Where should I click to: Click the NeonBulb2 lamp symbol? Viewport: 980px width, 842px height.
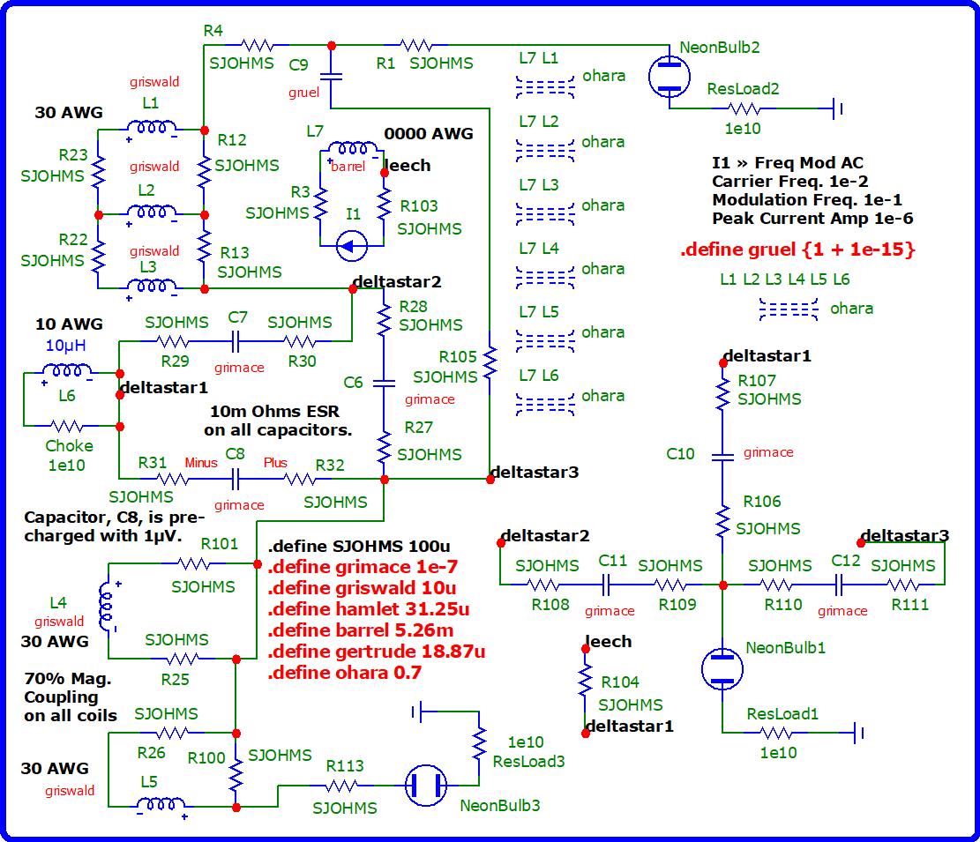coord(670,77)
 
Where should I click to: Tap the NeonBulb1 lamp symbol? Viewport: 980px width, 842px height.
coord(722,668)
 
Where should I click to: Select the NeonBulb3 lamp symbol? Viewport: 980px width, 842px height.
coord(427,786)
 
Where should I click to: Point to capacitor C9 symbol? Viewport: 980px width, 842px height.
coord(332,77)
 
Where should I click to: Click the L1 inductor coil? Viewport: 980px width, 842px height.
coord(151,129)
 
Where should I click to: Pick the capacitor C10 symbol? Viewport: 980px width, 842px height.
coord(722,457)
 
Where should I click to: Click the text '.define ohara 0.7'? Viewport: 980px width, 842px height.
coord(344,672)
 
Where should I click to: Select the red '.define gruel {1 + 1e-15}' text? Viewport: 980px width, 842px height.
coord(797,250)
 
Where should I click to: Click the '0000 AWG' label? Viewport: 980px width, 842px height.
coord(429,134)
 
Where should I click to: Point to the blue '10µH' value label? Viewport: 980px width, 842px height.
coord(67,345)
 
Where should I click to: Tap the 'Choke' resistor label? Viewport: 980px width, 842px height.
coord(69,445)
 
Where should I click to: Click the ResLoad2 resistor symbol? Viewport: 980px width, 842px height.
coord(743,109)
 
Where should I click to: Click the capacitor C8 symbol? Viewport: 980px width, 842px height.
coord(236,479)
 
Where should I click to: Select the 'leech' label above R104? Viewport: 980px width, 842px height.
coord(609,642)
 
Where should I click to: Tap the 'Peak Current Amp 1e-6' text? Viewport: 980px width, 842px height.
coord(812,219)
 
